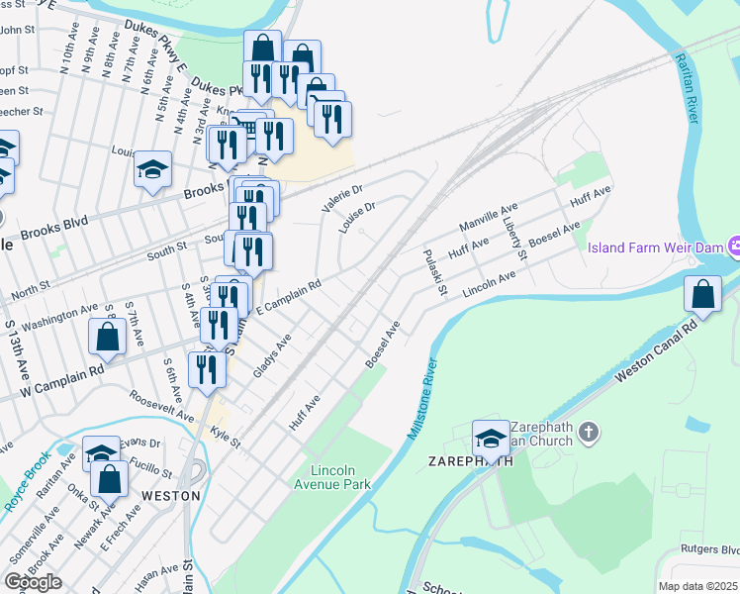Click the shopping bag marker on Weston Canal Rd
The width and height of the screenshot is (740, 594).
tap(702, 294)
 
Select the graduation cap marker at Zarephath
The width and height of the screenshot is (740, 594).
tap(491, 438)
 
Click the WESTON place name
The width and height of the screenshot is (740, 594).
tap(170, 495)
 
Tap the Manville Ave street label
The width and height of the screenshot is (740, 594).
tap(489, 219)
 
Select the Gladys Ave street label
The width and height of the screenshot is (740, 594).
tap(272, 354)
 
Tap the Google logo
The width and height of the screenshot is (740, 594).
tap(33, 581)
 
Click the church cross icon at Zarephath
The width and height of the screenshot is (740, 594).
tap(589, 432)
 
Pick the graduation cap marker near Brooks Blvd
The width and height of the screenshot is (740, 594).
tap(153, 169)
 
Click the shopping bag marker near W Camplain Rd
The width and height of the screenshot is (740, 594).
tap(107, 336)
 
